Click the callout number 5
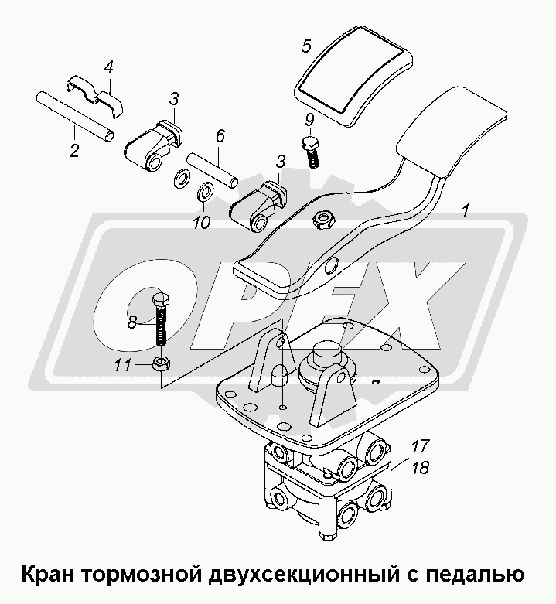[306, 46]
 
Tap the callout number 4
[109, 68]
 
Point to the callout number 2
[74, 149]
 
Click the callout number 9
[309, 120]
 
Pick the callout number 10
[202, 222]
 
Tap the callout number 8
[132, 322]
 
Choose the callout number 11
[122, 364]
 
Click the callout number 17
[420, 446]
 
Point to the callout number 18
[420, 468]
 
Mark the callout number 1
[465, 211]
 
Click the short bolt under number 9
[311, 152]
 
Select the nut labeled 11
[162, 363]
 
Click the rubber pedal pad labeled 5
[354, 76]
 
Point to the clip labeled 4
[94, 95]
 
